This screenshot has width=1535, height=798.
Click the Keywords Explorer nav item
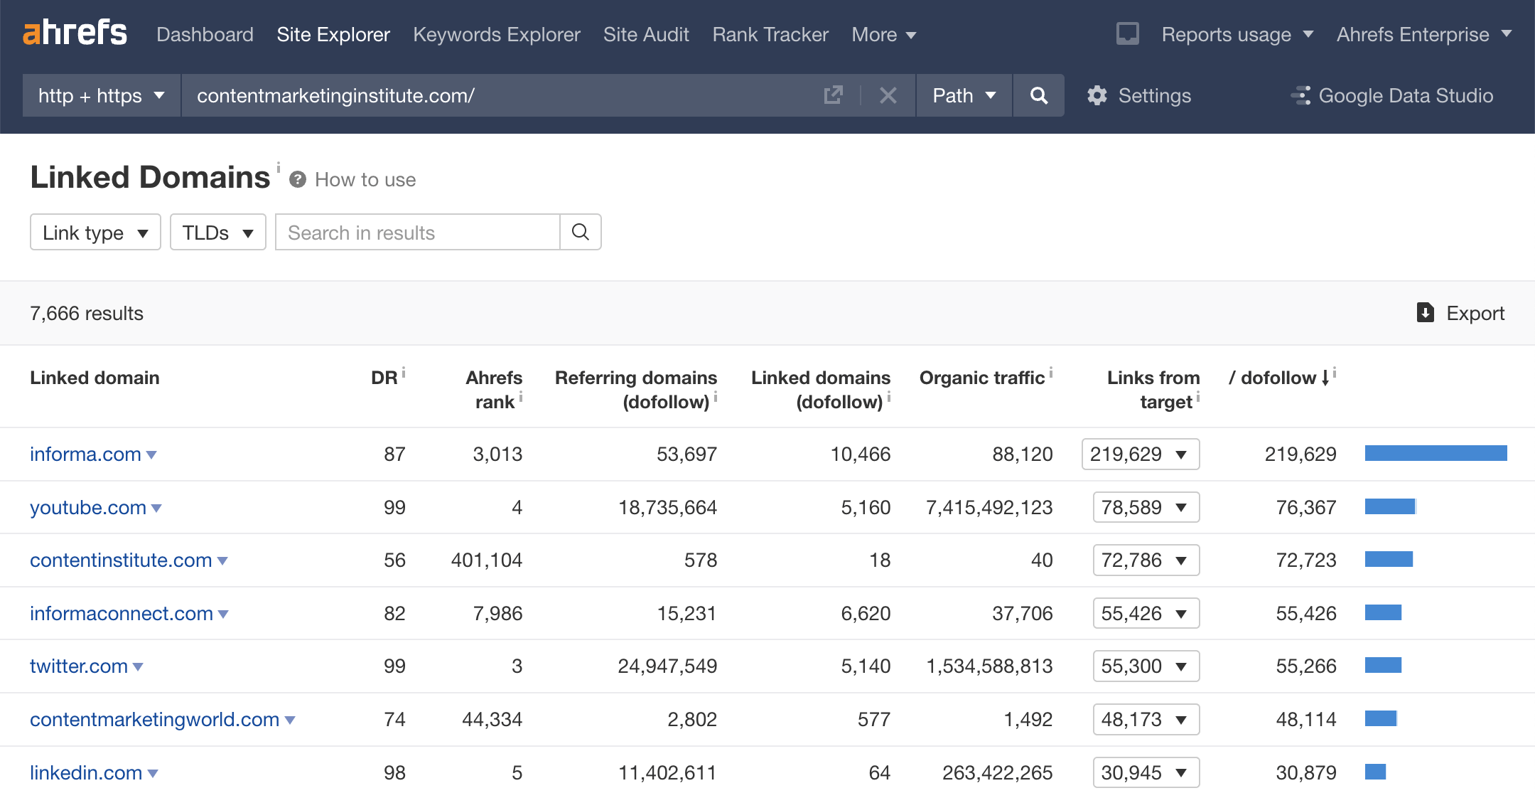[x=496, y=34]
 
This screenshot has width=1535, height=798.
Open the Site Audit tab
[x=645, y=34]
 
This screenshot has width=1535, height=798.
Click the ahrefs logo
[x=75, y=33]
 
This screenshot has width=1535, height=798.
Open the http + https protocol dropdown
[x=101, y=95]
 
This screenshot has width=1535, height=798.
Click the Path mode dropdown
[x=963, y=95]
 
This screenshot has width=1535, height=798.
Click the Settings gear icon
[x=1097, y=95]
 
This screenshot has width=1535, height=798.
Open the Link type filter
[x=95, y=233]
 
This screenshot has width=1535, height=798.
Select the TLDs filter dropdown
[x=217, y=233]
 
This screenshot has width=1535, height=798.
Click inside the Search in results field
[x=418, y=233]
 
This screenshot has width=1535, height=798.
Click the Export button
[x=1460, y=313]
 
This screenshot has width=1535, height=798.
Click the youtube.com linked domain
[x=88, y=507]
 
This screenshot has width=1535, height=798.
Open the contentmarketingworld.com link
[x=154, y=719]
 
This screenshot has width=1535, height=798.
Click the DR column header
[x=384, y=378]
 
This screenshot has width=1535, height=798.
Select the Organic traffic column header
[x=981, y=378]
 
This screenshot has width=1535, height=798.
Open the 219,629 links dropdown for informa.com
[x=1140, y=454]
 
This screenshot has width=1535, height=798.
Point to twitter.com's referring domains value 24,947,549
[x=667, y=666]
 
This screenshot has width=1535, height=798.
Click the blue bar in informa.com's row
[x=1436, y=453]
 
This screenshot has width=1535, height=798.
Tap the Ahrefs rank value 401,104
[x=486, y=560]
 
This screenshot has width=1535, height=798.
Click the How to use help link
[x=365, y=180]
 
